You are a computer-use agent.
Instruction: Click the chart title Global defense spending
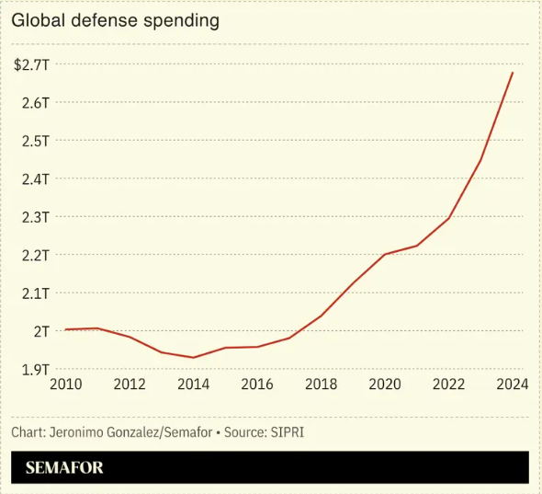(x=116, y=20)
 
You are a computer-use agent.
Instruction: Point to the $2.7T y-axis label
(x=31, y=64)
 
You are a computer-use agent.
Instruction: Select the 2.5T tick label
(x=35, y=141)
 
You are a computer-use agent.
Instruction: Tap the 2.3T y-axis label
(x=35, y=217)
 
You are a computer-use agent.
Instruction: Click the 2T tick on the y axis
(x=41, y=331)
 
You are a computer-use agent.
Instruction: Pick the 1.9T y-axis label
(x=35, y=370)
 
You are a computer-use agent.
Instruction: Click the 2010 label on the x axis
(x=65, y=385)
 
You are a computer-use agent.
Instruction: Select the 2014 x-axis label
(x=193, y=385)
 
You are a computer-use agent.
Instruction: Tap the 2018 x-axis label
(x=321, y=385)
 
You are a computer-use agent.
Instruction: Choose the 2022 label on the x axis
(x=448, y=385)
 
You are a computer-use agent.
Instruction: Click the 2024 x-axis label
(x=511, y=385)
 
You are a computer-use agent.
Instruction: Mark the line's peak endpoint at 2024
(x=513, y=72)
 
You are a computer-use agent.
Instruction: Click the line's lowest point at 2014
(x=193, y=358)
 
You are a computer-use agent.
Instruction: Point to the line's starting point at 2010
(x=66, y=329)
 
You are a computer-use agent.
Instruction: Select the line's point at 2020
(x=385, y=254)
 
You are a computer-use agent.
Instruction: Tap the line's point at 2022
(x=448, y=218)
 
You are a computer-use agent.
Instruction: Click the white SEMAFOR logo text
(x=64, y=467)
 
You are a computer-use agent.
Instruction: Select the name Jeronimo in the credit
(x=79, y=431)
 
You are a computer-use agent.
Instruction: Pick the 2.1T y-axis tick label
(x=35, y=293)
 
